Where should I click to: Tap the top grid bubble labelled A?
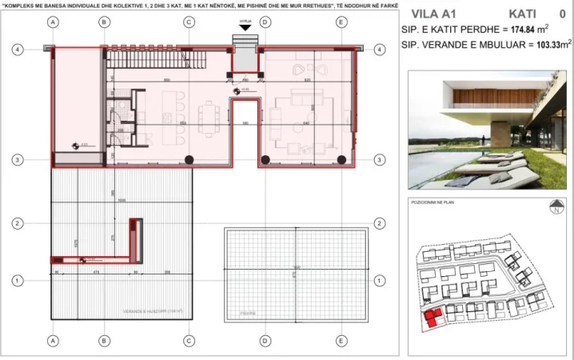53,22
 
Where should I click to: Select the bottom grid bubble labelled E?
341,340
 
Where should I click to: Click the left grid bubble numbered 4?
18,49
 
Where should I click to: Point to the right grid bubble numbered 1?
377,281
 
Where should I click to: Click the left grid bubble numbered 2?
18,222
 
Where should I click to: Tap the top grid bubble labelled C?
189,22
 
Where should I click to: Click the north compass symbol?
554,210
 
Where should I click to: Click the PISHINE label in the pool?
235,314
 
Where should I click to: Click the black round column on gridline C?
189,160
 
